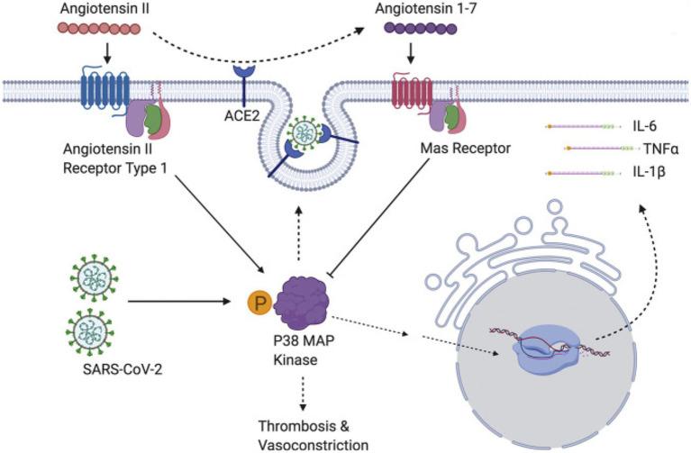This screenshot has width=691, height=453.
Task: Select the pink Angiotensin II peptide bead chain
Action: click(x=105, y=41)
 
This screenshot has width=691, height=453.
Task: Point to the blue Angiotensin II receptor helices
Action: click(x=105, y=90)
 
